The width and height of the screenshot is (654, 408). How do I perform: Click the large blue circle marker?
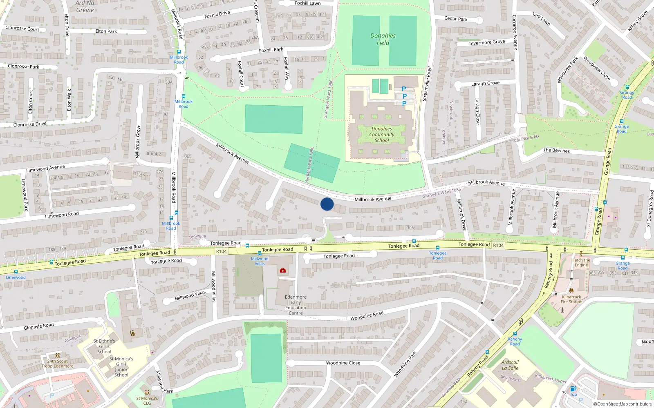point(327,204)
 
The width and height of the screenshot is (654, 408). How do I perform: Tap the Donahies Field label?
point(383,39)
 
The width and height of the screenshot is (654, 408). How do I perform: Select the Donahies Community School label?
point(382,134)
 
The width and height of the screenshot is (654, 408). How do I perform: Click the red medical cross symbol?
point(282,270)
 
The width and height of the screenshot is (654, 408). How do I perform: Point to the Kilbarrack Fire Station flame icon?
point(571,290)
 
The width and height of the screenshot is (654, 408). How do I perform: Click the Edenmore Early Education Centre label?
point(296,305)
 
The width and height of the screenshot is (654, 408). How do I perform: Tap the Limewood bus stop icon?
point(16,272)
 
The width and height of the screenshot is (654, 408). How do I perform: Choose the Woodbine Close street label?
point(343,363)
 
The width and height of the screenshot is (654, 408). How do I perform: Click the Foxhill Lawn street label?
point(307,3)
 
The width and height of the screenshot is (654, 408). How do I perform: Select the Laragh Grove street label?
point(485,83)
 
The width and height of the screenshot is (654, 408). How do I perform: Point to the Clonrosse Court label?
point(22,28)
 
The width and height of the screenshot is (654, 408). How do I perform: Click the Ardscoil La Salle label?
point(510,365)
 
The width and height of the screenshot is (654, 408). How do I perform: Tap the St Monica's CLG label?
point(147,401)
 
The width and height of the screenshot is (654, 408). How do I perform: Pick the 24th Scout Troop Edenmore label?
point(58,364)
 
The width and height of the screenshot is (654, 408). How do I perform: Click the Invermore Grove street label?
point(487,42)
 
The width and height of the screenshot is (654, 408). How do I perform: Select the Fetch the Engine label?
point(581,262)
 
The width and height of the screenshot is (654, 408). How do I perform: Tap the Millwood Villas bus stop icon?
point(259,253)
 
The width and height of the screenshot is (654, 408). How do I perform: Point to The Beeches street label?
point(556,151)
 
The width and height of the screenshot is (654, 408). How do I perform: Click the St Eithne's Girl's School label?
point(104,346)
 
